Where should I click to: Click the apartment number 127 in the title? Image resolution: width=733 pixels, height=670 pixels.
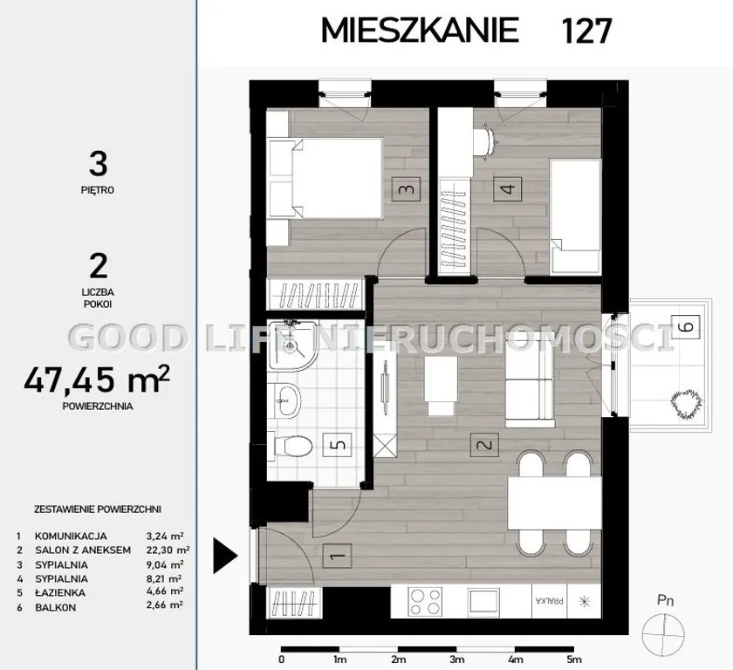pyautogui.click(x=586, y=31)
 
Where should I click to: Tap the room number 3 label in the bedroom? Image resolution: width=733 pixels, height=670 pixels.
pyautogui.click(x=407, y=189)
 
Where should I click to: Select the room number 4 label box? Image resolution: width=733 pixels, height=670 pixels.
pyautogui.click(x=508, y=188)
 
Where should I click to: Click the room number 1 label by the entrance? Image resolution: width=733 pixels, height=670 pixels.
pyautogui.click(x=337, y=556)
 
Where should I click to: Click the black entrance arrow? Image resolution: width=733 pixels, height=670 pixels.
pyautogui.click(x=226, y=556)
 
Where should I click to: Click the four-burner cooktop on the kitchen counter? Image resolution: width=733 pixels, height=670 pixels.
pyautogui.click(x=424, y=602)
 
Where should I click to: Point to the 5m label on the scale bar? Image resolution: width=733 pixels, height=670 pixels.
pyautogui.click(x=574, y=660)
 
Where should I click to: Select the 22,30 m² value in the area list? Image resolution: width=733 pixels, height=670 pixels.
pyautogui.click(x=168, y=550)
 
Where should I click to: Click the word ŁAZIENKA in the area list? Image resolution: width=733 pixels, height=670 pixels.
pyautogui.click(x=60, y=592)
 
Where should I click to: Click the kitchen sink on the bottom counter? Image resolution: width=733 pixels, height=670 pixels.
pyautogui.click(x=483, y=601)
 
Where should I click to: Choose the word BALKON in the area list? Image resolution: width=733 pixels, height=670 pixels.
pyautogui.click(x=55, y=607)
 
